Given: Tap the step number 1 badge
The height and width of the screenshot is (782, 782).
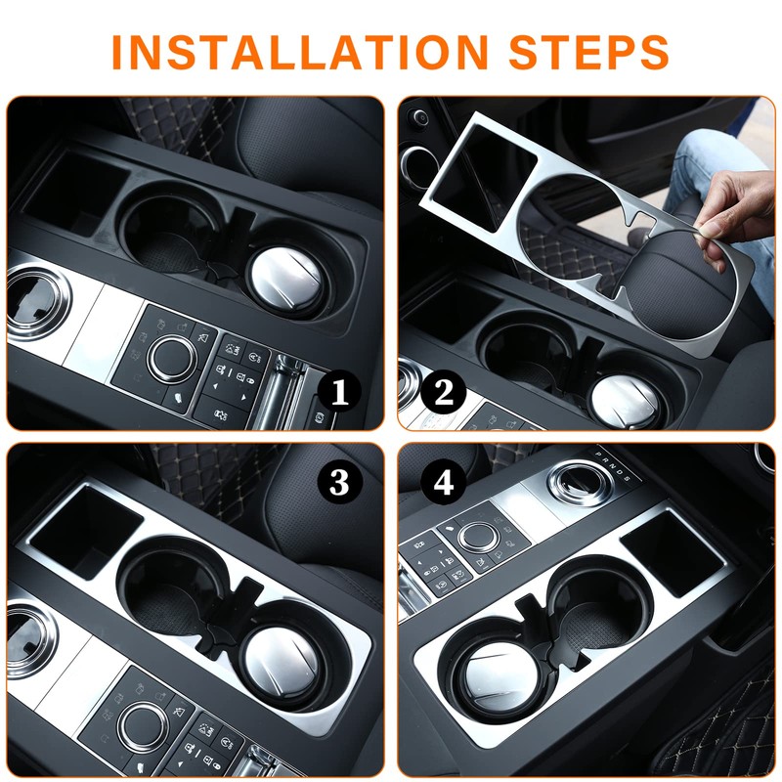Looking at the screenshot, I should (340, 393).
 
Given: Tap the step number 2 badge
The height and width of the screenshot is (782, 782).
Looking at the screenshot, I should (443, 393).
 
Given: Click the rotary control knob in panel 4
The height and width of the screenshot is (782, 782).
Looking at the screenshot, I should (479, 536).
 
